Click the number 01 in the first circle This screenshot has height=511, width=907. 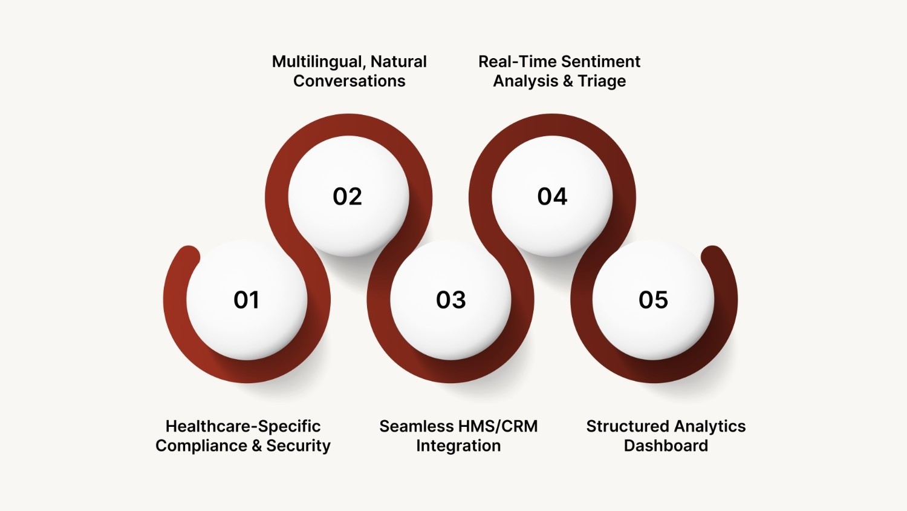[246, 300]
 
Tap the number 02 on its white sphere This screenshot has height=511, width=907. [348, 197]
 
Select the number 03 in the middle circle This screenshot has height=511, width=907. [451, 300]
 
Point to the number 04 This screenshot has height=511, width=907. [552, 197]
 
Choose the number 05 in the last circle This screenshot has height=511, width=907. [654, 300]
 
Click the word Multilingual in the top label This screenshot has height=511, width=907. [318, 62]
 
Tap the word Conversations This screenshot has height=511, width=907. [349, 81]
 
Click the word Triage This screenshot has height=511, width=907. [602, 81]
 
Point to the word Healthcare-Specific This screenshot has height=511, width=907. [243, 426]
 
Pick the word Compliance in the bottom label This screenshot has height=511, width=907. [201, 446]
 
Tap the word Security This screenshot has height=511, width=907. [299, 446]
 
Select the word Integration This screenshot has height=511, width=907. [458, 446]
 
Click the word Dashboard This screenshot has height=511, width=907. [666, 446]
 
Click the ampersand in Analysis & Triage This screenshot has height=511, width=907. [568, 81]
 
